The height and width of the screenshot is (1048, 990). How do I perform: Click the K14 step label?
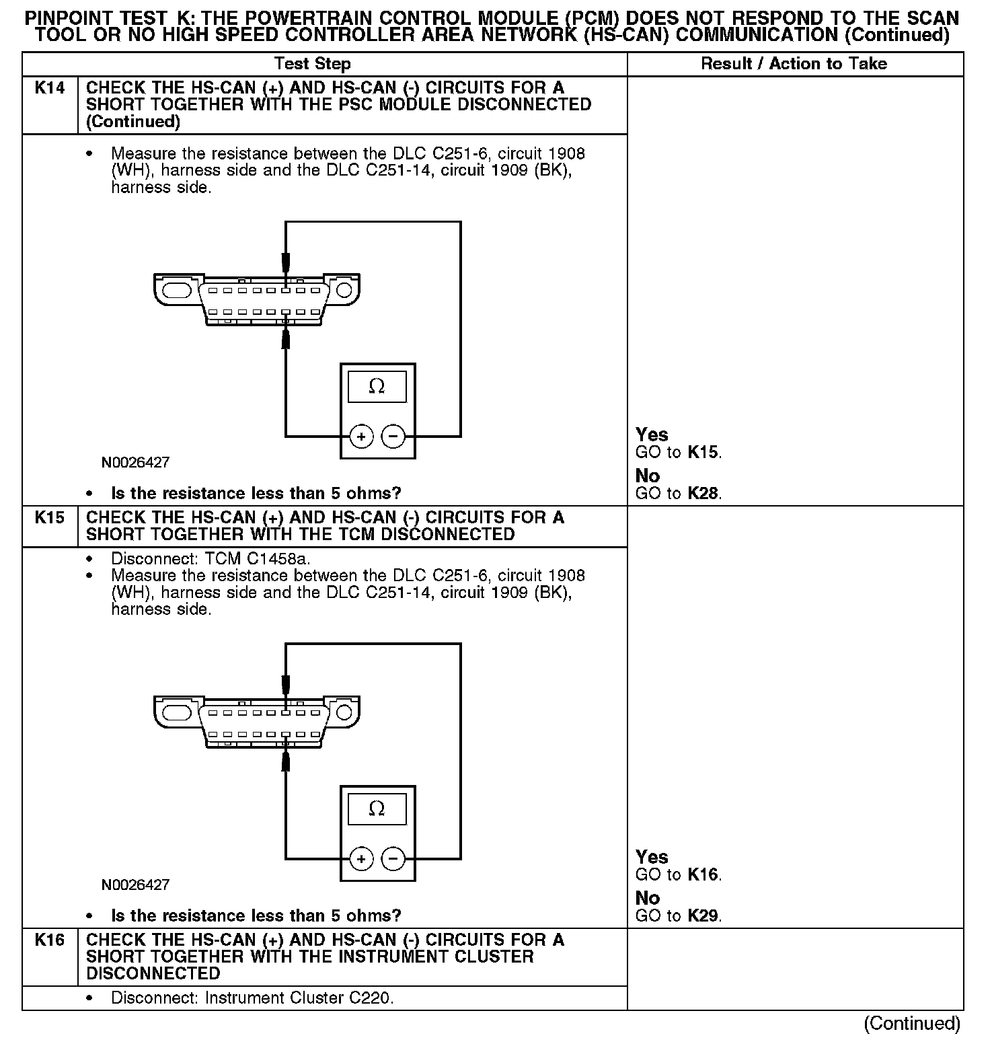pos(49,88)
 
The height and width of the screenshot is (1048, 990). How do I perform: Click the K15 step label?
pos(49,518)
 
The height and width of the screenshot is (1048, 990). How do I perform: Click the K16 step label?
pos(49,940)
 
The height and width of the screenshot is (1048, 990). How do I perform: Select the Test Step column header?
pos(313,64)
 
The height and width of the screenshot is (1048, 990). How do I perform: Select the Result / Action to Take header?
pos(794,64)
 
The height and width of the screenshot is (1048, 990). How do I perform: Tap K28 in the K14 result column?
pos(703,494)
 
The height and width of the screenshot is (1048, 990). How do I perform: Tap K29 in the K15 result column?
pos(703,916)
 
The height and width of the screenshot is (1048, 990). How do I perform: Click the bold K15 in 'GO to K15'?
pos(703,453)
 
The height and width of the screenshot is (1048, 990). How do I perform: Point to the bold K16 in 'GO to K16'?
pos(703,875)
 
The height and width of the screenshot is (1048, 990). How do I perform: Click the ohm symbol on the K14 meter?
pos(377,387)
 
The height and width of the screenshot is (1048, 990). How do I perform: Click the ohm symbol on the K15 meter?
pos(377,809)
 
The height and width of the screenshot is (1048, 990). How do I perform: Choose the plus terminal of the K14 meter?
pos(361,437)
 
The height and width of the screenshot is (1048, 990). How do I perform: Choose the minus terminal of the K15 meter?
pos(393,860)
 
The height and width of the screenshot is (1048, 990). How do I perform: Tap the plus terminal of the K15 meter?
pos(361,860)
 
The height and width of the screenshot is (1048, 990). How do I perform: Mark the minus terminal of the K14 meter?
pos(393,437)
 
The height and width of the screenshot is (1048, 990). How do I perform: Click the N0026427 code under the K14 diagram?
pos(135,463)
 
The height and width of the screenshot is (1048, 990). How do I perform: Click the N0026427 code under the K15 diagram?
pos(135,885)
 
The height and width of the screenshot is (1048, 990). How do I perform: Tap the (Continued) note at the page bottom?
pos(911,1024)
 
